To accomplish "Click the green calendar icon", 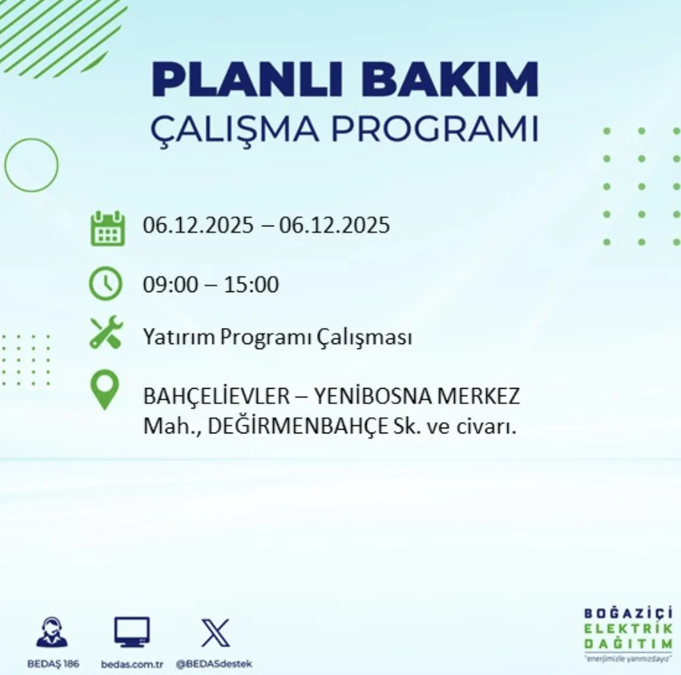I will coord(107,228).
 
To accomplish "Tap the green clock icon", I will coord(105,284).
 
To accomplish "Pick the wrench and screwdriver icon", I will coord(106,334).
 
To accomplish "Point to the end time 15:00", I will coord(251,285).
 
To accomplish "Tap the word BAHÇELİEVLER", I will coord(216,397).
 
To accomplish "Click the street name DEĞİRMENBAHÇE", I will coord(297,426).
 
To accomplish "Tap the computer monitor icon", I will coord(131,632).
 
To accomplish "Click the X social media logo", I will coord(215,633).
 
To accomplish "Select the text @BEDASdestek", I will coord(214,664).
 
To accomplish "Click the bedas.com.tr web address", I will coord(131,664).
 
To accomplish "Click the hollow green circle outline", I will coord(31,165).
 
